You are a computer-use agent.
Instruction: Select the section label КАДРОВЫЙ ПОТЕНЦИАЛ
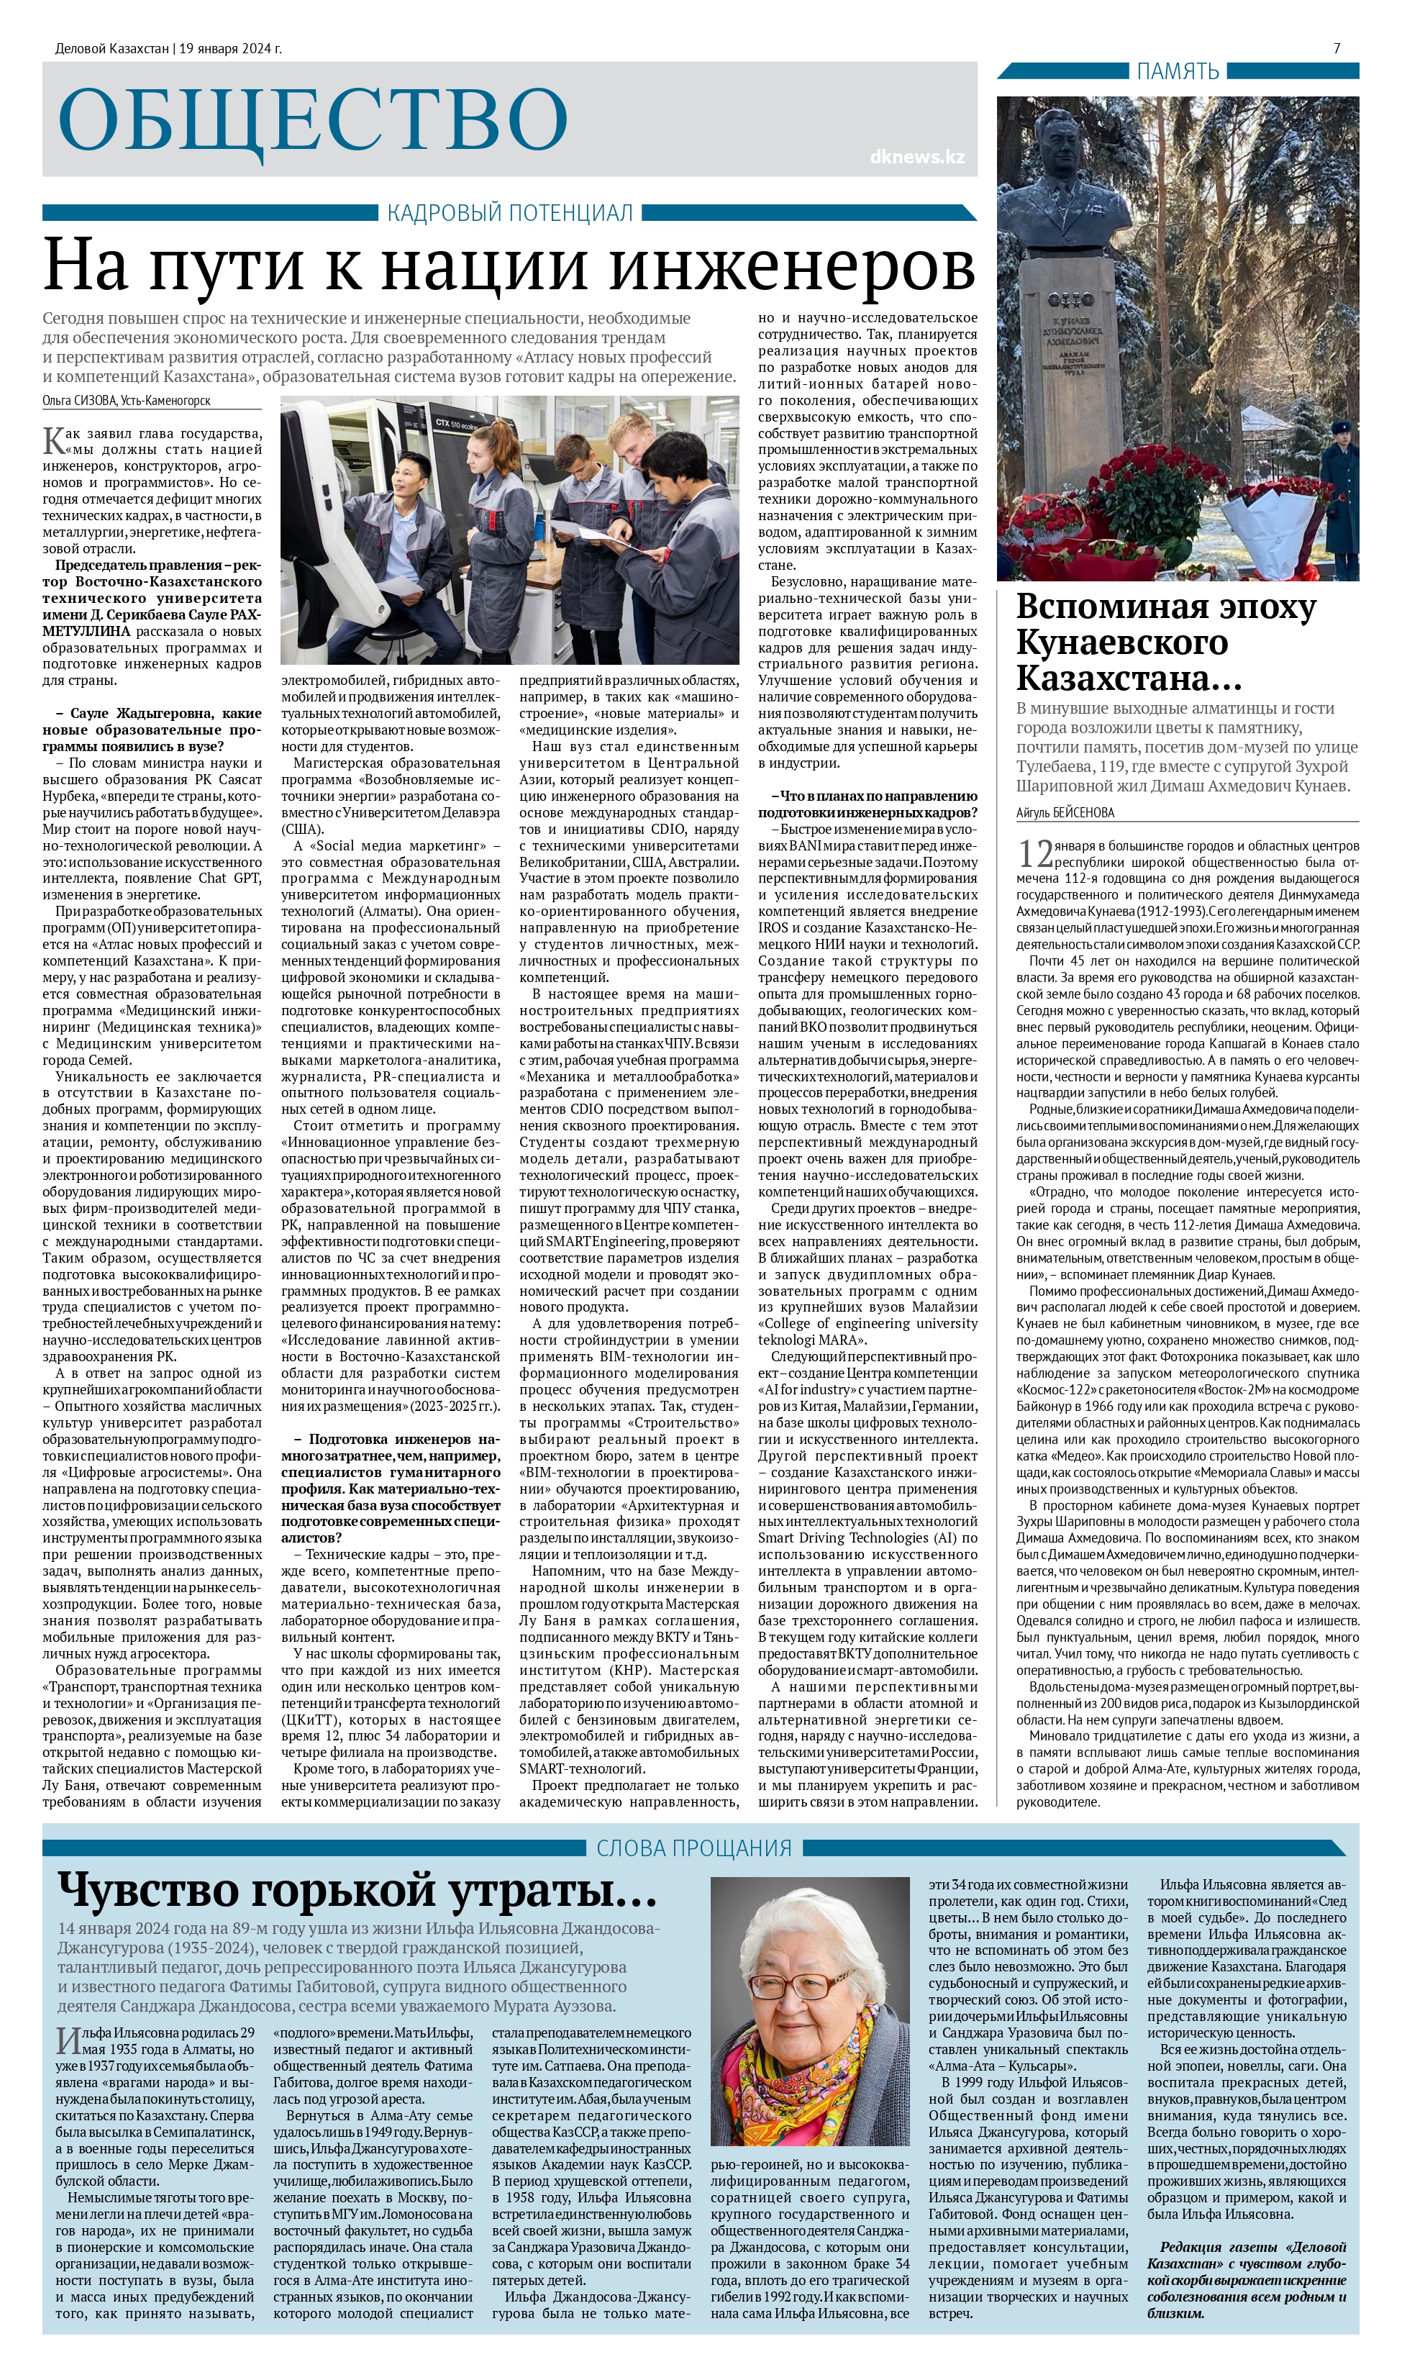point(510,214)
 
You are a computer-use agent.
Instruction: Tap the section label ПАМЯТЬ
point(1177,71)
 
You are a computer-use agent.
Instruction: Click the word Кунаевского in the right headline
point(1122,642)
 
